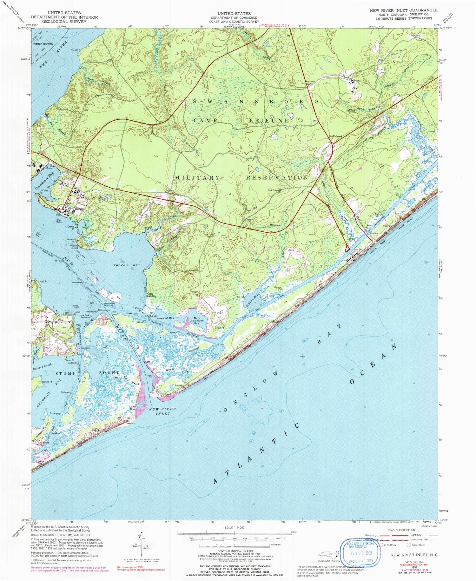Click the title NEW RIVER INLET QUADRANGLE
pos(403,10)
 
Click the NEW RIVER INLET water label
pos(162,411)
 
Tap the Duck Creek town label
pos(335,137)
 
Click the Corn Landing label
pos(152,295)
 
